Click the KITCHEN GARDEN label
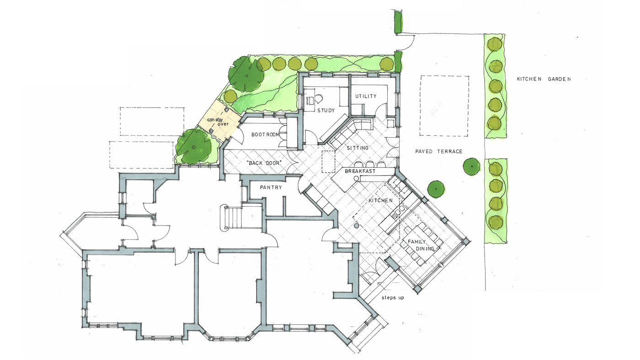(x=544, y=79)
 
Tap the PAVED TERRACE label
(x=438, y=151)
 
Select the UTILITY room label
(x=366, y=97)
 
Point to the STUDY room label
(x=325, y=110)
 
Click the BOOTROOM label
(x=266, y=134)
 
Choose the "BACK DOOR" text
(x=266, y=163)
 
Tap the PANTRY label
(x=271, y=188)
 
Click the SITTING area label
(x=357, y=148)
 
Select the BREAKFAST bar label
(x=360, y=171)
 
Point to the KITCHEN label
(x=380, y=201)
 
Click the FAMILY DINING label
(x=421, y=245)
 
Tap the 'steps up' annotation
(x=393, y=298)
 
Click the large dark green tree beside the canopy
(x=246, y=74)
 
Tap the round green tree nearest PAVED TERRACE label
(x=471, y=167)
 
